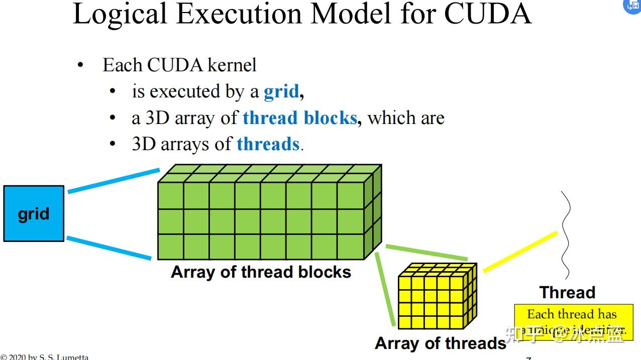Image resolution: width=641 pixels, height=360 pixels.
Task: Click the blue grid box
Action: click(x=34, y=213)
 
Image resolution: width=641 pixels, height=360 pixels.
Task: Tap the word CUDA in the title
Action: click(x=487, y=14)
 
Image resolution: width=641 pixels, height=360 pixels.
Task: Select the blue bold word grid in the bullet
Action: click(x=281, y=91)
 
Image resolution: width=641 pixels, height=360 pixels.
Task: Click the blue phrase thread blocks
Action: click(x=299, y=118)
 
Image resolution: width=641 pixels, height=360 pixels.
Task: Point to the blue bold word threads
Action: click(x=268, y=144)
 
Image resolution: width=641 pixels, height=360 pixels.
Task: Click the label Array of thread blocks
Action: click(x=261, y=272)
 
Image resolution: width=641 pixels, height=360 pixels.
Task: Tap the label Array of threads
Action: click(x=440, y=343)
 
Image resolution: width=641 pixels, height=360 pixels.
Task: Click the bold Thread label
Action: click(x=567, y=292)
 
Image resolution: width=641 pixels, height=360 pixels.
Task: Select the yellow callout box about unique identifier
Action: click(x=573, y=322)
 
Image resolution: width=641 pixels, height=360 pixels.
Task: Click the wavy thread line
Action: click(x=566, y=236)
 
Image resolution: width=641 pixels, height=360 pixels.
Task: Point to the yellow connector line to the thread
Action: click(x=520, y=252)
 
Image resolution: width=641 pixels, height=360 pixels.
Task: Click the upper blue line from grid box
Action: click(x=114, y=181)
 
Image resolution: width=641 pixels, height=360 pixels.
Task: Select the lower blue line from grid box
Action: click(x=109, y=249)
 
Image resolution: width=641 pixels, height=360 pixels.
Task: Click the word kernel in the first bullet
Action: click(x=232, y=65)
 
